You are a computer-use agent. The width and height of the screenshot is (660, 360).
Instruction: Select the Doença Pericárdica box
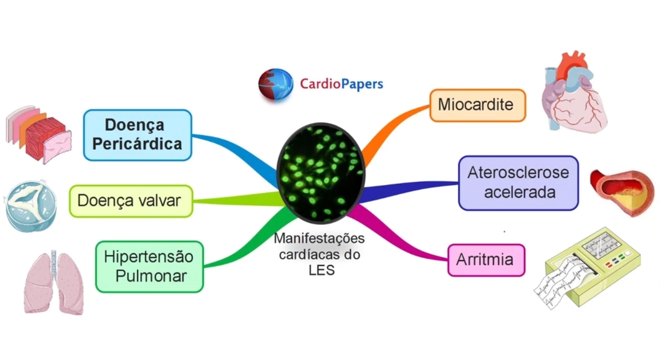tap(138, 135)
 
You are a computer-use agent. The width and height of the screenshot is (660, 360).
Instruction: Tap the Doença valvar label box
tap(131, 201)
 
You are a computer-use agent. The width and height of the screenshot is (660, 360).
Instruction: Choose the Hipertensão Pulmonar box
tap(149, 266)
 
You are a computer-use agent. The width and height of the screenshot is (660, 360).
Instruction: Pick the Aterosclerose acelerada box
tap(518, 182)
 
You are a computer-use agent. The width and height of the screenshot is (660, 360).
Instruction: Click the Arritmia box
tap(486, 260)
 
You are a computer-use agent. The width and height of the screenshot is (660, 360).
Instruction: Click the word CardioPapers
tap(342, 84)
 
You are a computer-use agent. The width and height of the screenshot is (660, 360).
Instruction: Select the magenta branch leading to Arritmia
tap(403, 241)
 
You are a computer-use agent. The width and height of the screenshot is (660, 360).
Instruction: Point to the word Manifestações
tap(319, 238)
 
